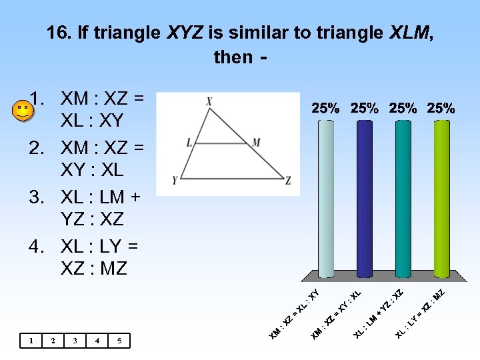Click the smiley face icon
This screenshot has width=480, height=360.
pos(23,111)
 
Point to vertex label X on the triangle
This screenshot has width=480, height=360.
pos(209,102)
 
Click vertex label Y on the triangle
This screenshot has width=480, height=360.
pos(175,180)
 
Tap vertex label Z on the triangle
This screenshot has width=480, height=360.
pos(288,180)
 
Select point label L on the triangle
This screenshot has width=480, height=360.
pos(189,142)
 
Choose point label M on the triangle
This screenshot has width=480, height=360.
pos(257,142)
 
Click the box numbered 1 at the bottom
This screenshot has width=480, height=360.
pos(31,341)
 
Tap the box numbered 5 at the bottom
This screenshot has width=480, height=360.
pos(119,341)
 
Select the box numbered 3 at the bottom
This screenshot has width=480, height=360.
pos(75,341)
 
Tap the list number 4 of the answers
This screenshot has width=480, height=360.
pos(37,247)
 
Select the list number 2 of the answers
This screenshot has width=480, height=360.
pos(37,147)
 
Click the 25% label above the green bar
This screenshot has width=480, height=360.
pos(441,108)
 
